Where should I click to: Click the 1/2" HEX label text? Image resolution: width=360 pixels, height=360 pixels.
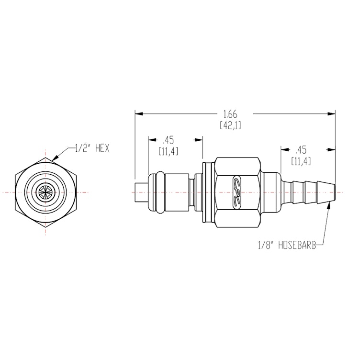92,148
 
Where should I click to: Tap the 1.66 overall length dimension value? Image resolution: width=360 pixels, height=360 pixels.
230,114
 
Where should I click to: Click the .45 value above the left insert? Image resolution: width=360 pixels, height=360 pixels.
168,140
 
